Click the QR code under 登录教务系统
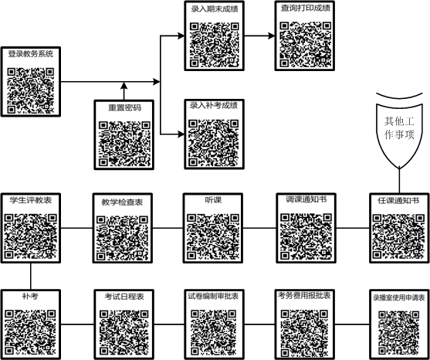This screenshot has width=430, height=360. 31,90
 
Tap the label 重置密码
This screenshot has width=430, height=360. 124,107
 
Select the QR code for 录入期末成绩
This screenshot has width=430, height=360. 215,45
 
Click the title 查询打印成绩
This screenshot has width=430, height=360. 305,8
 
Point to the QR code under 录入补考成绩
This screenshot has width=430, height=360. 214,143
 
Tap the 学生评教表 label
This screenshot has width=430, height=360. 31,200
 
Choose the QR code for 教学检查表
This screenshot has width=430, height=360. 122,238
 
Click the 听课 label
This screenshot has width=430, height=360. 213,200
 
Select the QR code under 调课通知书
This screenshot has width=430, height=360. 306,236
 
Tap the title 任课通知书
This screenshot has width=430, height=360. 398,201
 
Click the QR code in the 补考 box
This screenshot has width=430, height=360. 30,332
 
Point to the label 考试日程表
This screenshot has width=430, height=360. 124,297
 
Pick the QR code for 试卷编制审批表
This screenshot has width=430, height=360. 214,332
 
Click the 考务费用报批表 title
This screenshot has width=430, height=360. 304,296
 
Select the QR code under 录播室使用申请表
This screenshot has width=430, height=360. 399,333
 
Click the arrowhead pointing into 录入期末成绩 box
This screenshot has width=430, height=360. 181,36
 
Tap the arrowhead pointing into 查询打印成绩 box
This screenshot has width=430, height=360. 272,36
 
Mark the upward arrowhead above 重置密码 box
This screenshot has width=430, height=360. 124,85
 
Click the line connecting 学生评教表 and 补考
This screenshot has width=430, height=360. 30,276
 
